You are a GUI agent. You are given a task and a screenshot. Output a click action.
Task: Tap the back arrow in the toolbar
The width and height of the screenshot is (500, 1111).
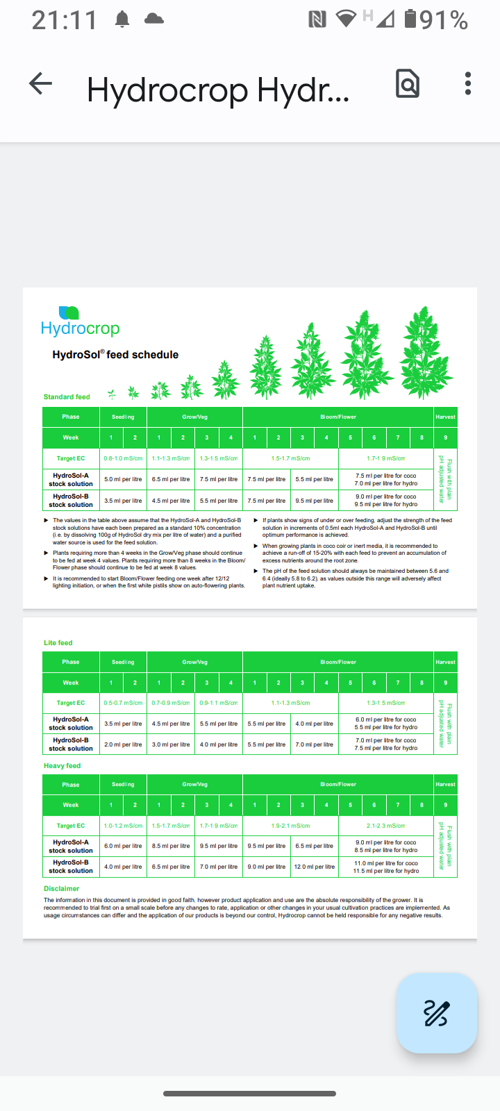click(41, 84)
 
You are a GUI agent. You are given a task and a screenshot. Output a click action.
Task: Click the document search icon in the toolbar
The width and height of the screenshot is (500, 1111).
click(408, 84)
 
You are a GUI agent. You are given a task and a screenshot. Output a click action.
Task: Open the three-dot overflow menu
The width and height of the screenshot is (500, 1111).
click(468, 84)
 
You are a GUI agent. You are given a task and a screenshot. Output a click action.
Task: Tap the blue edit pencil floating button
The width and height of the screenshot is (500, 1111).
click(436, 1013)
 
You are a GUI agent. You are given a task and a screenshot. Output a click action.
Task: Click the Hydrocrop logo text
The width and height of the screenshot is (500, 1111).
click(80, 328)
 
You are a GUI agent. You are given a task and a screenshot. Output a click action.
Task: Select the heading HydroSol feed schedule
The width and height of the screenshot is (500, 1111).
click(115, 355)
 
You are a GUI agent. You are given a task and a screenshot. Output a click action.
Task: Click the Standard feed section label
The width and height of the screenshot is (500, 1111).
click(67, 397)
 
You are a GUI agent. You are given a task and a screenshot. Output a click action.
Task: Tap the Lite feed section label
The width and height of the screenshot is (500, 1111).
click(58, 643)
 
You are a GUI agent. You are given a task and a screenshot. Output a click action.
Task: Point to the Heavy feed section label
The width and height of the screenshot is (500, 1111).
click(62, 766)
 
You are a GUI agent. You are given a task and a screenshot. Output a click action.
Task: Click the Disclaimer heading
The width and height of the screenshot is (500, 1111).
click(61, 889)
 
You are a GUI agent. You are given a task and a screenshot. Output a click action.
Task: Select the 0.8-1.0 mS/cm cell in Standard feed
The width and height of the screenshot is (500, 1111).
click(123, 458)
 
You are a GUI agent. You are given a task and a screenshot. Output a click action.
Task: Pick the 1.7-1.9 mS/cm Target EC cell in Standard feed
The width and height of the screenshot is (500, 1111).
click(385, 458)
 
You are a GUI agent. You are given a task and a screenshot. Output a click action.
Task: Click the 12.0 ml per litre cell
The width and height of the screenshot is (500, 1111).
click(314, 867)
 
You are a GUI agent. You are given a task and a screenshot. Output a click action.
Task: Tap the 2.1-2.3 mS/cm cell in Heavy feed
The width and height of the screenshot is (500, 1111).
click(385, 826)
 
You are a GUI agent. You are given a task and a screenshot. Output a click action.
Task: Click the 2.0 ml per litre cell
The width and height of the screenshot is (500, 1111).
click(123, 744)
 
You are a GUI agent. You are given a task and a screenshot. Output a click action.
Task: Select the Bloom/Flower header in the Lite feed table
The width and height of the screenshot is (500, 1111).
click(338, 662)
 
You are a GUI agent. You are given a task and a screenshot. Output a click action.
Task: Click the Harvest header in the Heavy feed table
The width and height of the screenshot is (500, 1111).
click(445, 785)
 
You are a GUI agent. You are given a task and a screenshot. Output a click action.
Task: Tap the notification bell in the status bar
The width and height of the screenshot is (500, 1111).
click(122, 19)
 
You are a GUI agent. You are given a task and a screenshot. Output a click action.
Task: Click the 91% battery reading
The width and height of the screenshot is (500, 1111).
click(444, 20)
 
